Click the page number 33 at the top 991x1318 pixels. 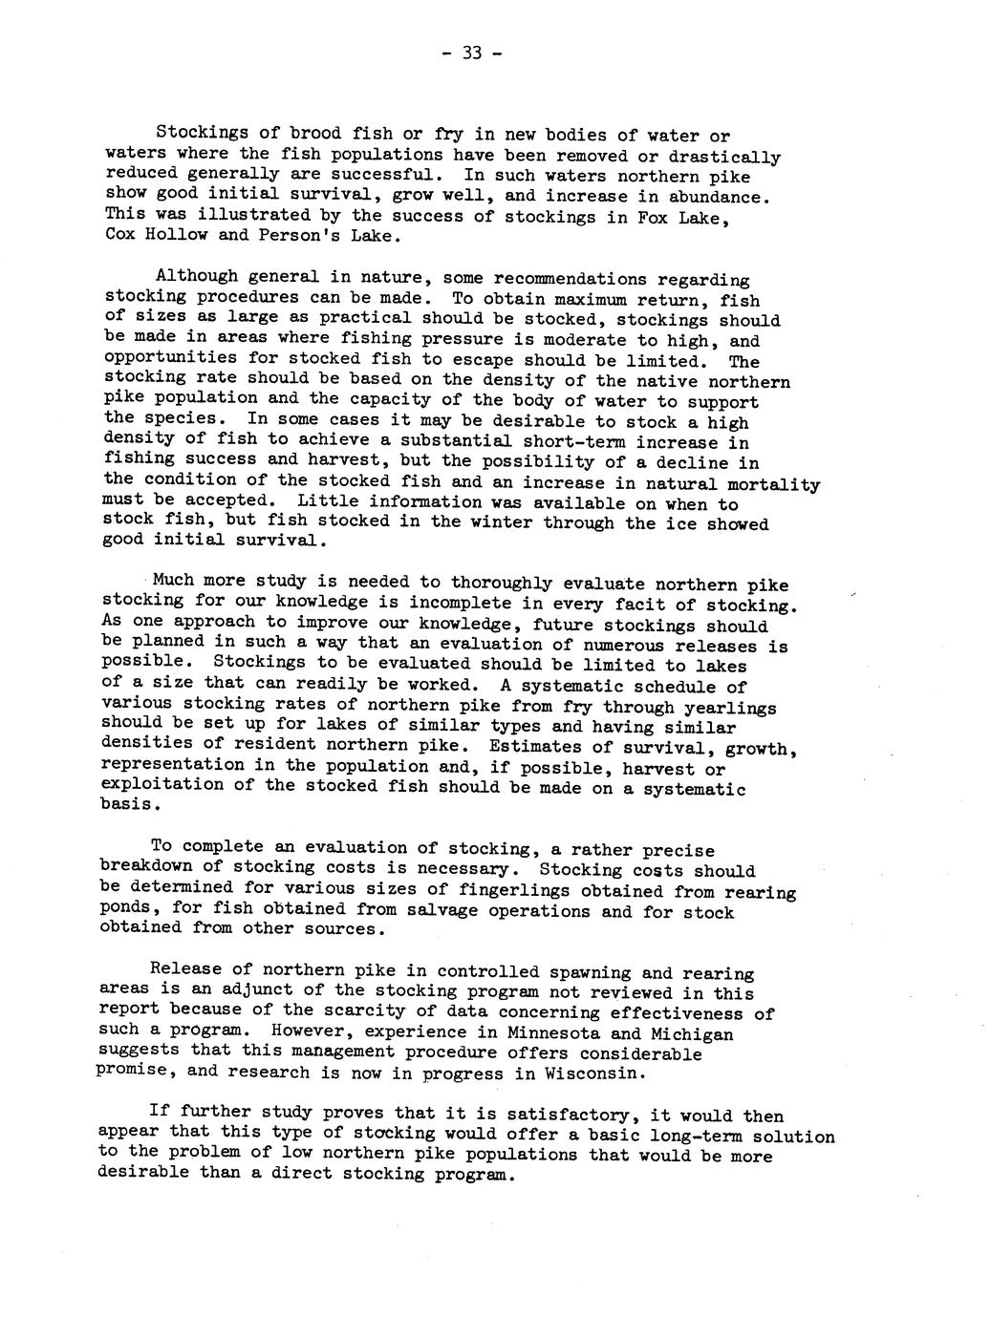tap(471, 53)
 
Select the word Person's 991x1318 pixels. tap(289, 236)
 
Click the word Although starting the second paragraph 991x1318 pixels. tap(195, 277)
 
